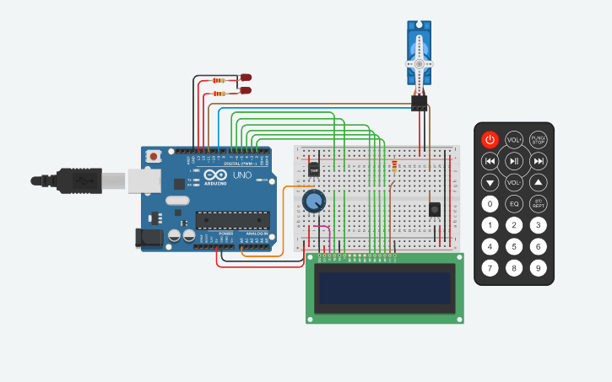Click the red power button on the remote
490,139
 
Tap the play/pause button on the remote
514,161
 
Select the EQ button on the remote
514,204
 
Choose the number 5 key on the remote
514,247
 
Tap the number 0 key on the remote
490,204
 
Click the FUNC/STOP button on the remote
539,139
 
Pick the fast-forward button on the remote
539,161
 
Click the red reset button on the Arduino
154,156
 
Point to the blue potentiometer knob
313,201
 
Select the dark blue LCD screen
384,288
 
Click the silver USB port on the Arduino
144,180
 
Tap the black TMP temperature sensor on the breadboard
314,169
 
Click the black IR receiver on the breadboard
435,209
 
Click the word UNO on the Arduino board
241,175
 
